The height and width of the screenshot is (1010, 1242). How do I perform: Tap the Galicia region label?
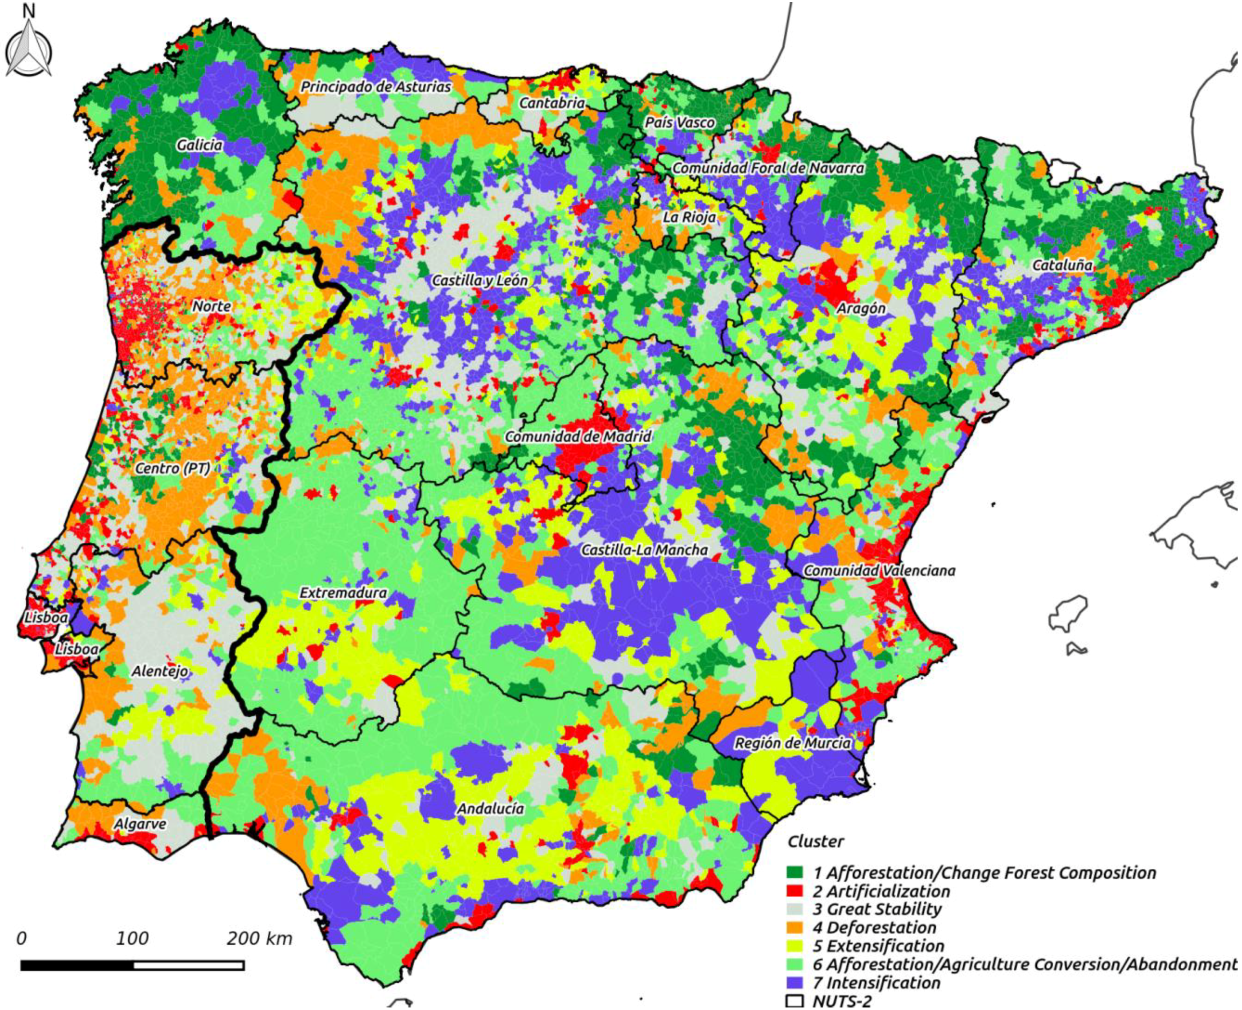pos(199,145)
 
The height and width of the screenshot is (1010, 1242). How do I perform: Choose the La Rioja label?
pos(689,217)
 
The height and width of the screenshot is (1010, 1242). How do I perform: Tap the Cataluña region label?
pos(1062,265)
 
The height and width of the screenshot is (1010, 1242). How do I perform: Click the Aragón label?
pos(861,308)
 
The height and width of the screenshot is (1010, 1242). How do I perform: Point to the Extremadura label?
pos(343,593)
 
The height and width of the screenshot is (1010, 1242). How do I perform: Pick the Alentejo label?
pos(160,671)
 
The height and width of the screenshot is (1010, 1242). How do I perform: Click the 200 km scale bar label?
pos(259,938)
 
